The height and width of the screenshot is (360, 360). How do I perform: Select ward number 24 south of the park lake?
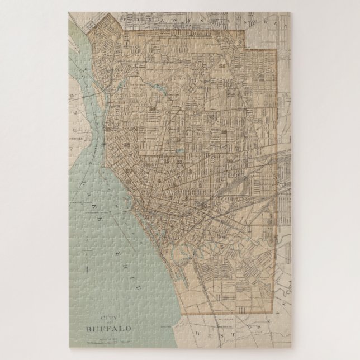click(152, 106)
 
